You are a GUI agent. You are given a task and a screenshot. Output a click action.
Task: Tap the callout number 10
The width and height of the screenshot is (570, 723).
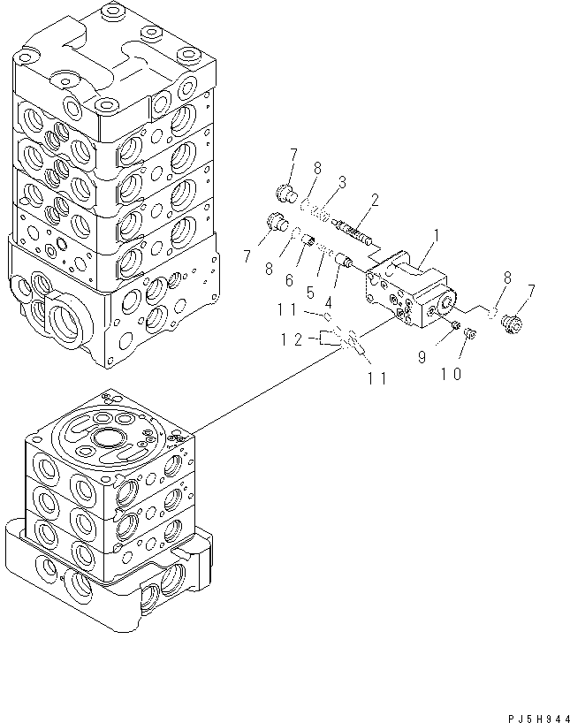(452, 374)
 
